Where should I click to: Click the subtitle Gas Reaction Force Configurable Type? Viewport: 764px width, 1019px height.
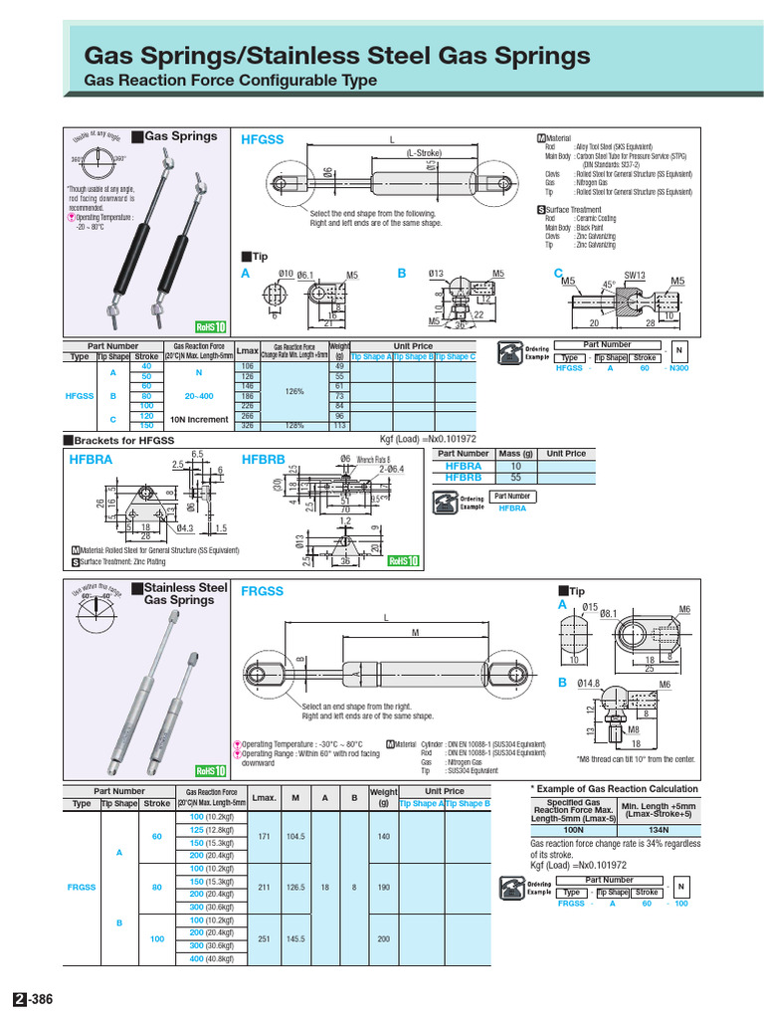[231, 80]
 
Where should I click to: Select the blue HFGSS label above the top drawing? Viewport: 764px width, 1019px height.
[263, 140]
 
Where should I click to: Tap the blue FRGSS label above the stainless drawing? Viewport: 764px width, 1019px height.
[263, 590]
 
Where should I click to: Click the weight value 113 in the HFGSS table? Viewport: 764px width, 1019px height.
[339, 425]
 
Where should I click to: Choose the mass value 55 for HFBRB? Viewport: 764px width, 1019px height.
[515, 478]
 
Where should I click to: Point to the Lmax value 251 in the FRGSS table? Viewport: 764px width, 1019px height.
[264, 939]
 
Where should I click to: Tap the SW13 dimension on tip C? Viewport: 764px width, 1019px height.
[634, 275]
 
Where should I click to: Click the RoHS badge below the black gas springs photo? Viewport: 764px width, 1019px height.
[211, 327]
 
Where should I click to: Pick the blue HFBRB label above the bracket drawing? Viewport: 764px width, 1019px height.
[264, 459]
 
